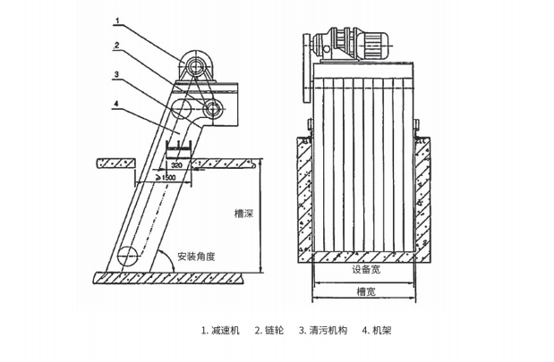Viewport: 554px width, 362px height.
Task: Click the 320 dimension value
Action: (x=176, y=166)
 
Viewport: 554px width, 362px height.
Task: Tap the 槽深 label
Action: (x=240, y=214)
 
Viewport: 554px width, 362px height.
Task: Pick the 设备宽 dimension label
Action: (x=365, y=268)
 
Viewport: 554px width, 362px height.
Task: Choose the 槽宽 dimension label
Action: (x=365, y=290)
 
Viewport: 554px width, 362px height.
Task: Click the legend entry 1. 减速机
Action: (x=221, y=330)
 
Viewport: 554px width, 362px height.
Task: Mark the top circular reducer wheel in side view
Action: (x=192, y=67)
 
